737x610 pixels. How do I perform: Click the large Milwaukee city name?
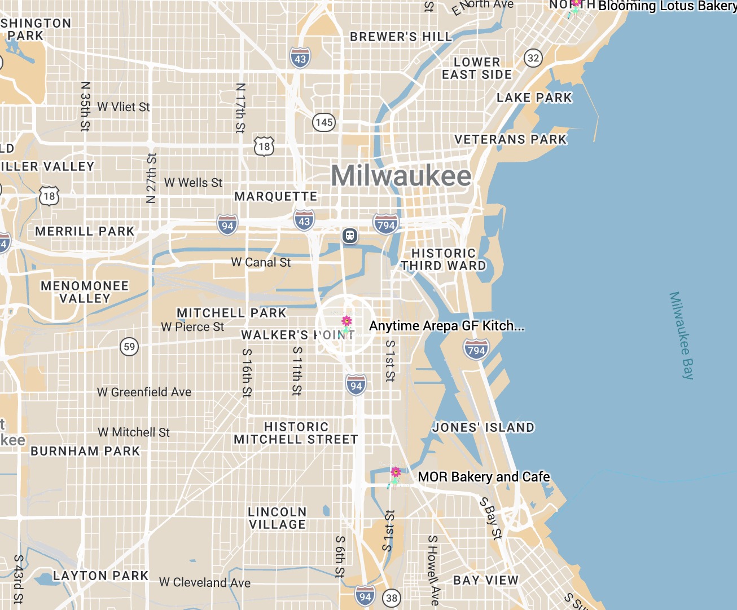tap(401, 176)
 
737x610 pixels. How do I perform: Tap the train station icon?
tap(350, 235)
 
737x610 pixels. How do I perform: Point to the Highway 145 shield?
tap(324, 122)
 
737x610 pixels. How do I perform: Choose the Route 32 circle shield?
tap(533, 58)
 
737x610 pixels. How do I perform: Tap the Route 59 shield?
tap(129, 346)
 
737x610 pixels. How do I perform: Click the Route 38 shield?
tap(392, 598)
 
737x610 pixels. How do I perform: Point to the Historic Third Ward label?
tap(444, 259)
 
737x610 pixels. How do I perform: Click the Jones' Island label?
tap(483, 427)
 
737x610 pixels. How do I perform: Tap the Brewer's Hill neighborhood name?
tap(401, 37)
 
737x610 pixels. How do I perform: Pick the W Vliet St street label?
tap(124, 107)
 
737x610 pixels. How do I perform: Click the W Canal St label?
tap(261, 262)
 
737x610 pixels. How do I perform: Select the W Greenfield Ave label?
tap(144, 392)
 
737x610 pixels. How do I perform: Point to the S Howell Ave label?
tap(433, 570)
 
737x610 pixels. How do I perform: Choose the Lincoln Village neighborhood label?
tap(277, 518)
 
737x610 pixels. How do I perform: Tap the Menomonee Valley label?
tap(85, 292)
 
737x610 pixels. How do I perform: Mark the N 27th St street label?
tap(151, 178)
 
